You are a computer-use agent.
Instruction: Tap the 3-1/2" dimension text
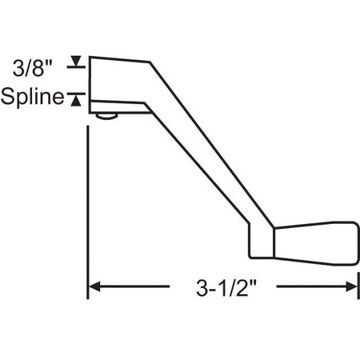click(226, 286)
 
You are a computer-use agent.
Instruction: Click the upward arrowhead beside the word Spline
click(77, 98)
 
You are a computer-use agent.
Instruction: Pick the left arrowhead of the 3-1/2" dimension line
click(93, 286)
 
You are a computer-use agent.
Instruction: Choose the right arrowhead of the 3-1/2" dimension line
click(352, 286)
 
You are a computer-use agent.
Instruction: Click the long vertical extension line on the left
click(86, 200)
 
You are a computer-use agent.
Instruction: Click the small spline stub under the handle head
click(104, 118)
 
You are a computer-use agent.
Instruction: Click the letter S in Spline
click(7, 98)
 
